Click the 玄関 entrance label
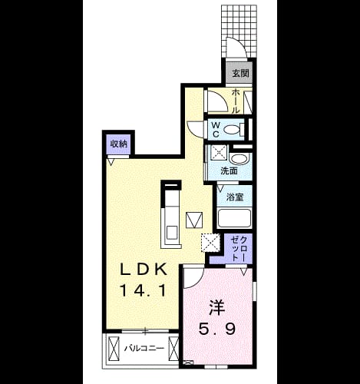240,74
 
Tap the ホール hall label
236,101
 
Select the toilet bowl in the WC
233,130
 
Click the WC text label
216,130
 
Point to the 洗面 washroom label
230,170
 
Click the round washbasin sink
239,159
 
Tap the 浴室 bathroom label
235,197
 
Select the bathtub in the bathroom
234,218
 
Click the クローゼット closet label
239,249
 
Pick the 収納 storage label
119,144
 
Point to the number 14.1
143,290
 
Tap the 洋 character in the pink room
217,308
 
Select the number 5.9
217,329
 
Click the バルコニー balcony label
144,349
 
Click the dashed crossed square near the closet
210,243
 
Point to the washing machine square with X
219,153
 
